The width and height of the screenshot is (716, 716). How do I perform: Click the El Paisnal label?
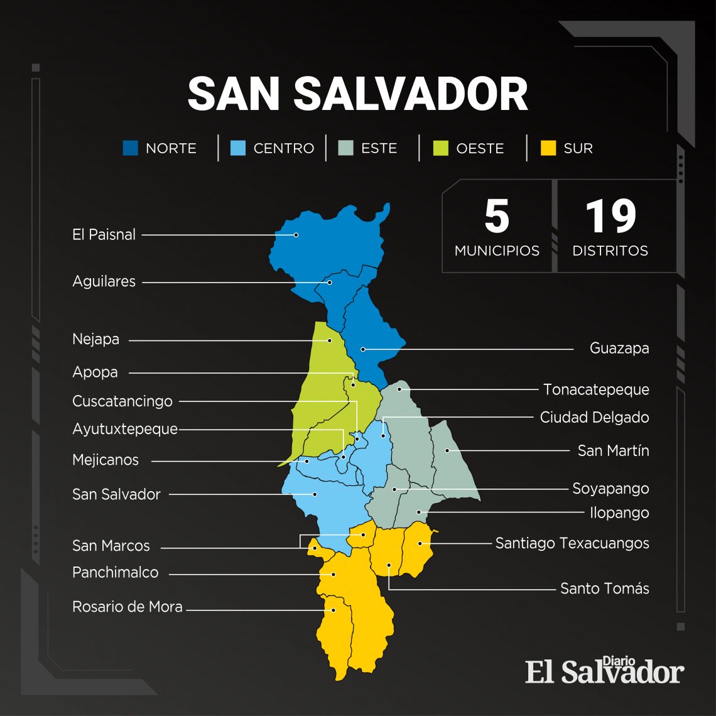[104, 235]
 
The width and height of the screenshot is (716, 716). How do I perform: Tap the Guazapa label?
[619, 348]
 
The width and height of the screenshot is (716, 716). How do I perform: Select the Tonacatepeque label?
[595, 389]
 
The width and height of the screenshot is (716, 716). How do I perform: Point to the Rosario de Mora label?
[127, 607]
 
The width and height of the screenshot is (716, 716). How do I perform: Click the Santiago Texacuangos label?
[572, 543]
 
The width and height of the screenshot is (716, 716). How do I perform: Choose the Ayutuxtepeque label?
[125, 430]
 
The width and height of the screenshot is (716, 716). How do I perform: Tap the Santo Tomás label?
[604, 589]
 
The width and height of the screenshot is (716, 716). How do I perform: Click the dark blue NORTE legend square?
[130, 148]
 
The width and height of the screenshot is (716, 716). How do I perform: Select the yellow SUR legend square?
[548, 148]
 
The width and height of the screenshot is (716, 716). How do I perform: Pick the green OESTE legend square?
[441, 148]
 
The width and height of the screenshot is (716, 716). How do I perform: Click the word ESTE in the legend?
[379, 148]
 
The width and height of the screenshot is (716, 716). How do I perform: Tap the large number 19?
[610, 217]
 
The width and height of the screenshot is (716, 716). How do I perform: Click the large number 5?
[497, 217]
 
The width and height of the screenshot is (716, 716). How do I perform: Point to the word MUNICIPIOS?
[497, 251]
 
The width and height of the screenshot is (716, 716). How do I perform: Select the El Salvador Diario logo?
[604, 671]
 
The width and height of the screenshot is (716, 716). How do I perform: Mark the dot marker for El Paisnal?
[296, 235]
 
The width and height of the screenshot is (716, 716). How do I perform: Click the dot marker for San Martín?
[447, 450]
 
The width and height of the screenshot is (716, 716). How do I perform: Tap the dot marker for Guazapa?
[363, 349]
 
